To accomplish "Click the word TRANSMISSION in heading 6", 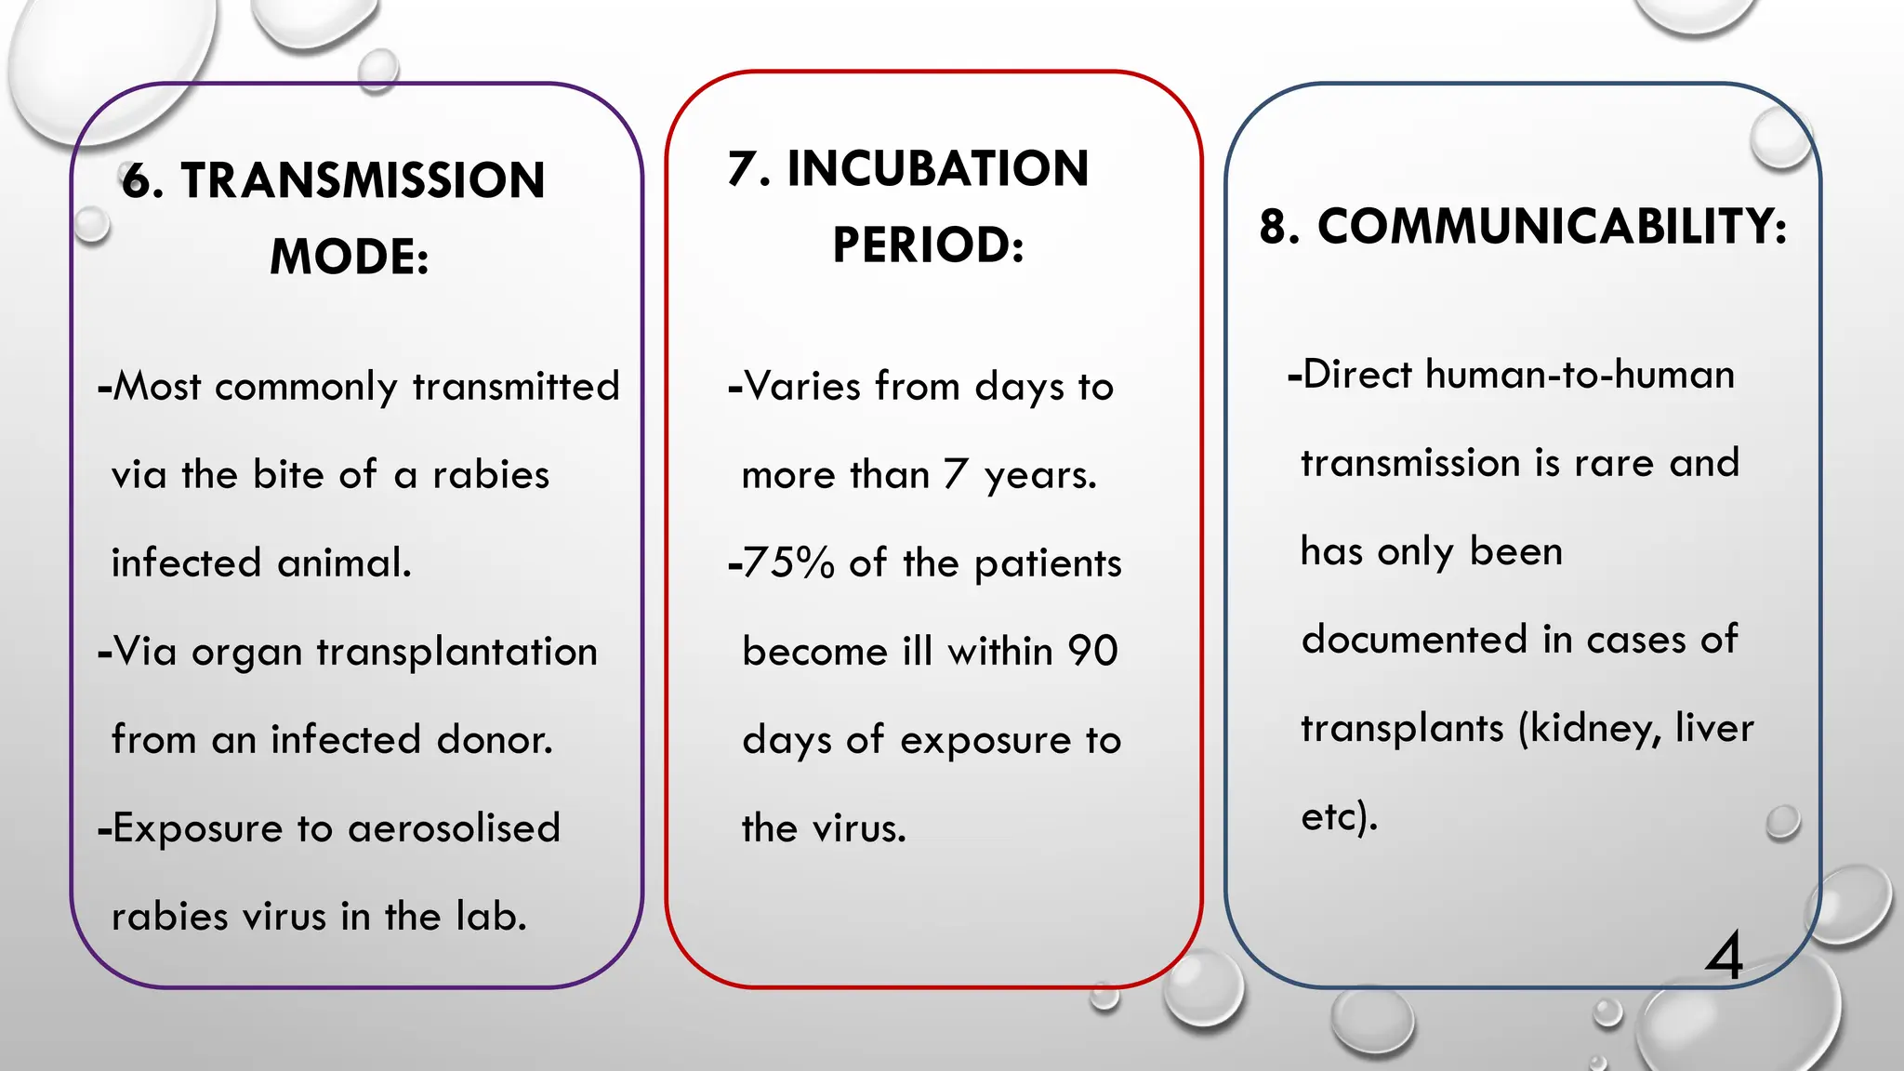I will [x=363, y=180].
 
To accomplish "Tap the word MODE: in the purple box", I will [x=350, y=257].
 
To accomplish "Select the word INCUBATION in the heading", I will [x=937, y=169].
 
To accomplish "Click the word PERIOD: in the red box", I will [x=928, y=245].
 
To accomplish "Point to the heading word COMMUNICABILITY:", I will [x=1552, y=227].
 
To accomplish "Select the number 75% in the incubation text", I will [x=788, y=563].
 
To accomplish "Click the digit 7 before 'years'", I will [x=956, y=475].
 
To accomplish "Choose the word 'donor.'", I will [x=495, y=740].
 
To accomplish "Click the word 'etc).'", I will [x=1339, y=816].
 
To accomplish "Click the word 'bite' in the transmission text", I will [x=289, y=475].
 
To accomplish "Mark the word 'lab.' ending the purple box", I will [x=491, y=917].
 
